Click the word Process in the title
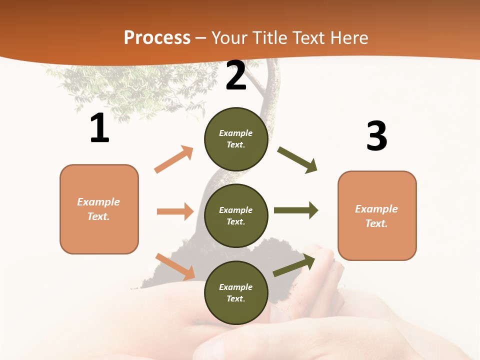click(157, 38)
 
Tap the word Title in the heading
click(268, 38)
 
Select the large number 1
click(99, 128)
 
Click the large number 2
click(236, 75)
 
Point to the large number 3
click(376, 136)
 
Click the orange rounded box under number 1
click(99, 209)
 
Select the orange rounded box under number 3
click(377, 216)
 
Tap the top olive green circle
click(236, 139)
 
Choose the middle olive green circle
click(236, 216)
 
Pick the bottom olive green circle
click(236, 293)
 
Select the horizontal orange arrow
click(175, 211)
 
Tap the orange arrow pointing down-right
click(175, 266)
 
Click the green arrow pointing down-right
click(297, 160)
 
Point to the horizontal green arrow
click(296, 210)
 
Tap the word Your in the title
click(229, 38)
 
